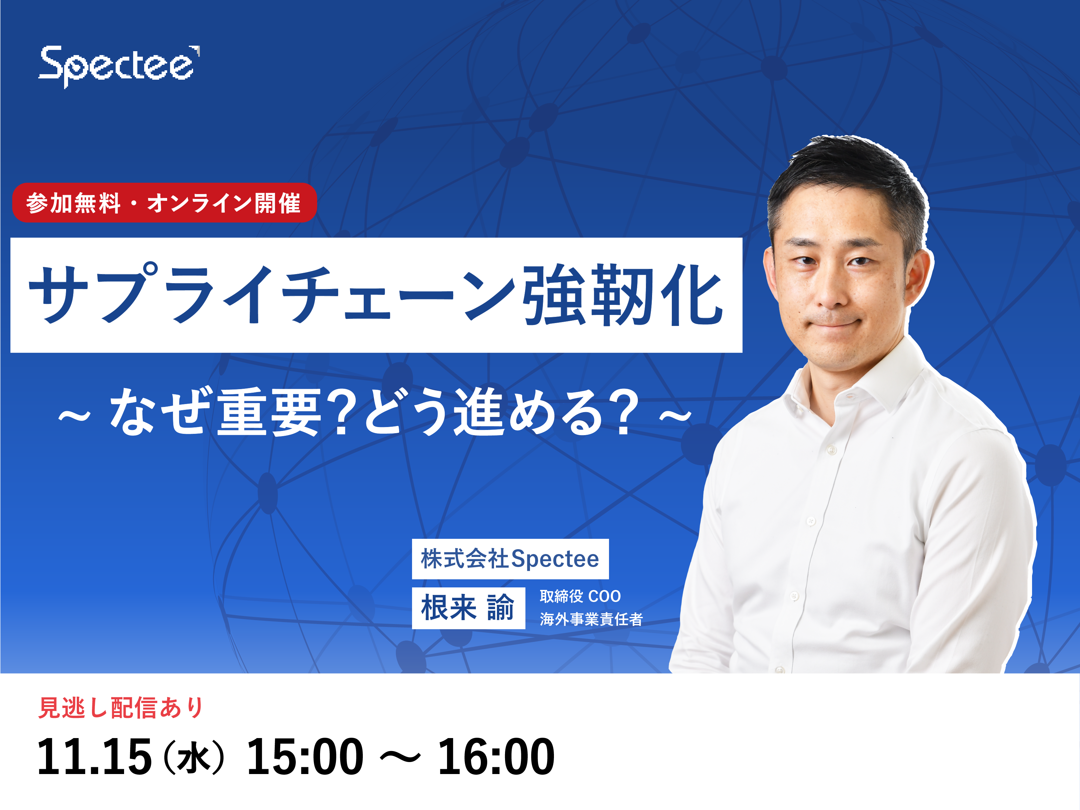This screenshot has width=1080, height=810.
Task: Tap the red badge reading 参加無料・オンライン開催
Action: tap(165, 202)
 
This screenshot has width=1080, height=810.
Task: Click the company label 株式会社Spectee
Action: tap(510, 559)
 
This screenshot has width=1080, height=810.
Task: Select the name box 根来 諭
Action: tap(468, 608)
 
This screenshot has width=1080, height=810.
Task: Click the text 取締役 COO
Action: tap(580, 596)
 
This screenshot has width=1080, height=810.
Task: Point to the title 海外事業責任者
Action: tap(591, 619)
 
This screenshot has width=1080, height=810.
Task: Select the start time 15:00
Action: tap(305, 757)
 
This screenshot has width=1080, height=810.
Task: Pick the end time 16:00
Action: tap(496, 757)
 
